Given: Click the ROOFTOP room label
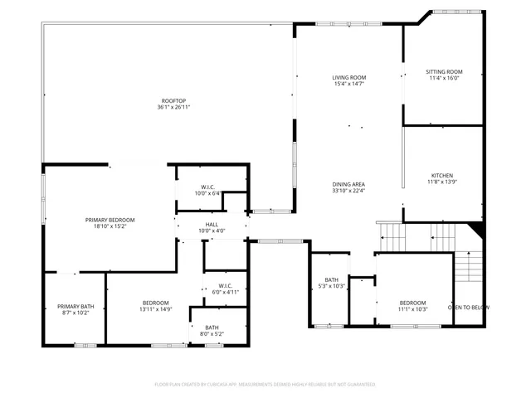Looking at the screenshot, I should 174,100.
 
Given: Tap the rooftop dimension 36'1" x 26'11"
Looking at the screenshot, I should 174,108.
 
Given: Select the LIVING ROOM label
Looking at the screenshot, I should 349,77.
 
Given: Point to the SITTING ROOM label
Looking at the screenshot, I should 444,72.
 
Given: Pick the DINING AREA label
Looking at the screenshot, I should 348,184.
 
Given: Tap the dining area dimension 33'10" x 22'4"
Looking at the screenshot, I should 348,192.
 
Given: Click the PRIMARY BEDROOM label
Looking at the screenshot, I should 110,220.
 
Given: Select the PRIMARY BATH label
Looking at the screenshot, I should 76,307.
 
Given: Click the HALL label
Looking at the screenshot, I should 212,224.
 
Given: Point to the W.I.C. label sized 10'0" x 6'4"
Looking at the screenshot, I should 207,187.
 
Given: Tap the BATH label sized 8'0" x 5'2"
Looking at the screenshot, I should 212,328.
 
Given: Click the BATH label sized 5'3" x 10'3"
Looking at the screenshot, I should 332,279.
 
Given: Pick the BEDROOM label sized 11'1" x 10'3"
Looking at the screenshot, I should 412,303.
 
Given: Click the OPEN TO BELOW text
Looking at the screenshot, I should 469,308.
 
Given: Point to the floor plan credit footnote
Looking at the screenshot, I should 265,385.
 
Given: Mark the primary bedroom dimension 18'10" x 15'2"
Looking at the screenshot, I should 110,227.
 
